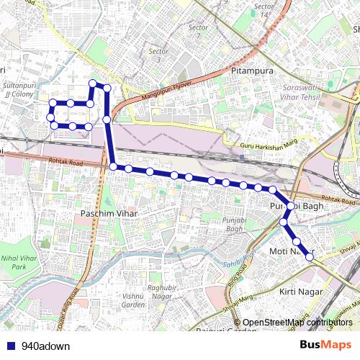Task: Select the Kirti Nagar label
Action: (x=298, y=292)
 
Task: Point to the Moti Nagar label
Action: (x=288, y=251)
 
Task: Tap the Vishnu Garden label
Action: (x=132, y=300)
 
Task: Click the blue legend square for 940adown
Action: (x=9, y=345)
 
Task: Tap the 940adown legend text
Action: (x=46, y=345)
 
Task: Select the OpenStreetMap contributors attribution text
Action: (x=297, y=322)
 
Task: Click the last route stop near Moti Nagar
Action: (x=310, y=256)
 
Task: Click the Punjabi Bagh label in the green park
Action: (x=233, y=224)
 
